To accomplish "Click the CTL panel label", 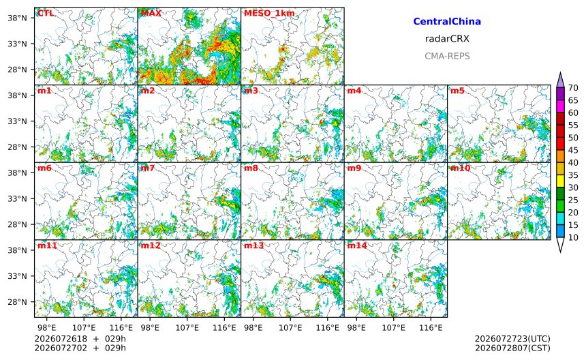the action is (x=46, y=14).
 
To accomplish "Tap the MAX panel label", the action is (x=151, y=14).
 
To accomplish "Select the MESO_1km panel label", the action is (x=269, y=14).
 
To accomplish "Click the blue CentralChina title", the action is (x=447, y=22).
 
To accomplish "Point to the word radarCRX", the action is (x=447, y=39).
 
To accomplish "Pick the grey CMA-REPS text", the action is (x=447, y=56).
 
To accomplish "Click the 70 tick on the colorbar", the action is (x=573, y=88).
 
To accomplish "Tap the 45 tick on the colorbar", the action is (x=573, y=150).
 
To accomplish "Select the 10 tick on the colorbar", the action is (x=573, y=237).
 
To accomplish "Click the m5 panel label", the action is (x=457, y=91).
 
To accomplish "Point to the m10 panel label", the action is (x=460, y=168).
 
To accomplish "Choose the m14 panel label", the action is (x=357, y=245).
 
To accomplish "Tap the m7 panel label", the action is (x=148, y=168).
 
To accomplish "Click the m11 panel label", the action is (x=47, y=245).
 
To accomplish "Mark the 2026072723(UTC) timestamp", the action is (x=512, y=339).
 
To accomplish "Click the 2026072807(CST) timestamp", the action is (x=512, y=348).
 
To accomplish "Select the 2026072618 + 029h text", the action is (x=80, y=339).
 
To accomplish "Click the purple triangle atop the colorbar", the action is (x=560, y=79).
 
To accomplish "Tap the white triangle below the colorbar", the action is (x=560, y=245).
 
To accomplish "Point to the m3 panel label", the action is (x=251, y=91).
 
